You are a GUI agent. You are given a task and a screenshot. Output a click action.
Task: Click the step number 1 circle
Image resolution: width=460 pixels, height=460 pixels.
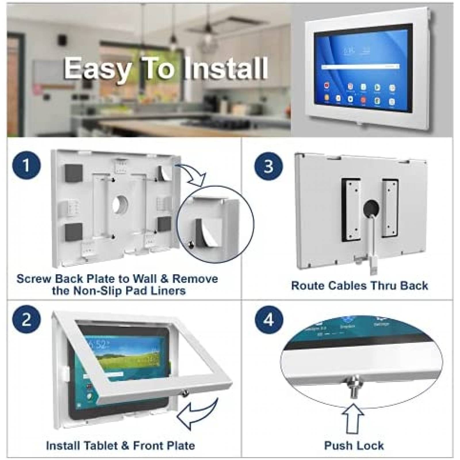coord(26,166)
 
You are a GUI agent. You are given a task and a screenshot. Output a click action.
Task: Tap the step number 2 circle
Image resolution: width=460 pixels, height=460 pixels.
coord(26,319)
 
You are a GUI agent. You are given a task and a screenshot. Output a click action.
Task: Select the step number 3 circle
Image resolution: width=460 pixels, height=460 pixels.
coord(269,166)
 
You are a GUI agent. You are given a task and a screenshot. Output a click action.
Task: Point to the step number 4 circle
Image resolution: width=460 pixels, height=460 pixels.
coord(269,319)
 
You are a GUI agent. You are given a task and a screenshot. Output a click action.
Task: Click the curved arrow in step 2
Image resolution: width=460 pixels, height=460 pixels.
coord(198,411)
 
